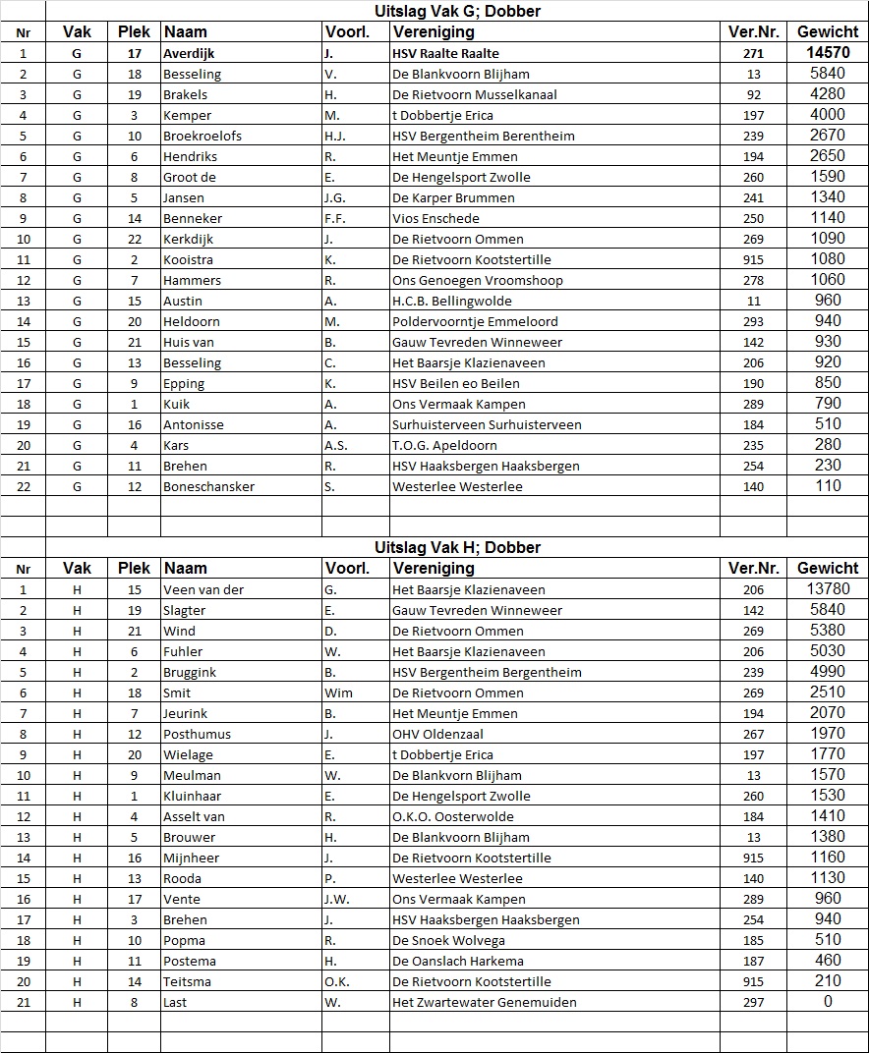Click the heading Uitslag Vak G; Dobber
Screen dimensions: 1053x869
pos(457,11)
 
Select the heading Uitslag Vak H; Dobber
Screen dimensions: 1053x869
pos(457,547)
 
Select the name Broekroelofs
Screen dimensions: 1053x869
pos(203,136)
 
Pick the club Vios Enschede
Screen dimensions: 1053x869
pos(435,218)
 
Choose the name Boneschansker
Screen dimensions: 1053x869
pos(208,486)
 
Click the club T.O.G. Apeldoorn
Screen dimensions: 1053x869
pos(444,445)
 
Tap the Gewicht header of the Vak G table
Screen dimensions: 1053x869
pos(828,31)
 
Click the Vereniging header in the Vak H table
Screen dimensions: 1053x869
pos(434,568)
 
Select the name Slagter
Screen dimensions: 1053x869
pos(185,610)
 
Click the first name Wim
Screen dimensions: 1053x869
pos(338,693)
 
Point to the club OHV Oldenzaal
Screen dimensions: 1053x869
pos(438,734)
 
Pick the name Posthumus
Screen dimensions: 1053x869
pos(198,734)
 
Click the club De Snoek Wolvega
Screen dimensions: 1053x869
pos(448,940)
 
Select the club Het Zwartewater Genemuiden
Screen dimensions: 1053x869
pos(485,1002)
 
